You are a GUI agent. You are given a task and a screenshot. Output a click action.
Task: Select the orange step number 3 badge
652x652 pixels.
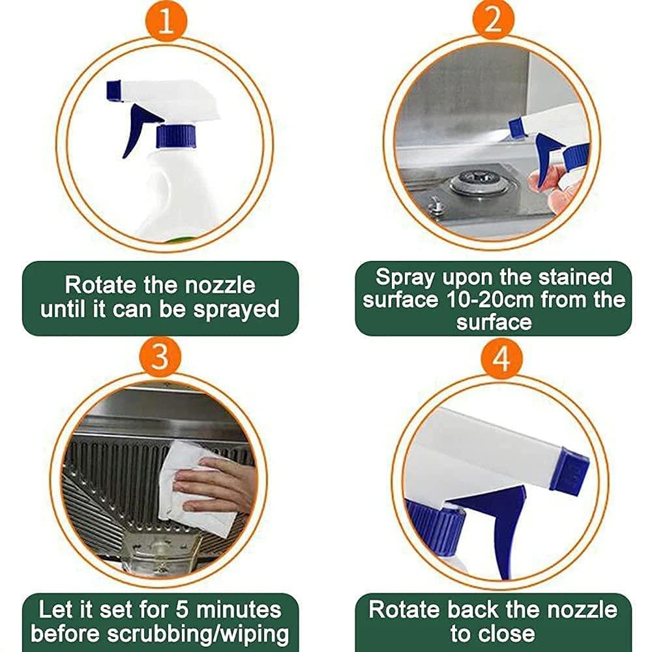(x=159, y=358)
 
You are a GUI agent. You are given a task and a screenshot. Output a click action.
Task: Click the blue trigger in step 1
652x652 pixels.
(x=137, y=127)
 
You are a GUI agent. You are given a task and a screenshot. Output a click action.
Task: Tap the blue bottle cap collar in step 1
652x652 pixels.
(x=176, y=136)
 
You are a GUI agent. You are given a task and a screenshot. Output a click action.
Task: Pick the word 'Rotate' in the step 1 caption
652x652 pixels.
(x=104, y=285)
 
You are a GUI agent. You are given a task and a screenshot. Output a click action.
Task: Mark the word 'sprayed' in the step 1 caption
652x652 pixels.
(x=236, y=308)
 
